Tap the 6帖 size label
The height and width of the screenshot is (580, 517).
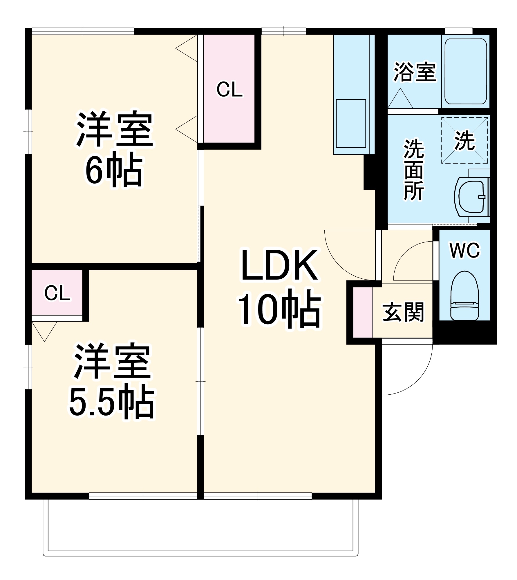[114, 172]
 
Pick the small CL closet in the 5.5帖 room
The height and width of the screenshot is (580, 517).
[57, 293]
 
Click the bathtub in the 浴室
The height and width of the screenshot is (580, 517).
[465, 71]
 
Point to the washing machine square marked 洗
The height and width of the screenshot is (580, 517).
[464, 140]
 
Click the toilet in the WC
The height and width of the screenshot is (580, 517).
[464, 296]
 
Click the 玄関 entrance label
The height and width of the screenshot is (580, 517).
[403, 312]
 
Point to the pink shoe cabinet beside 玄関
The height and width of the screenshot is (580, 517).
[363, 312]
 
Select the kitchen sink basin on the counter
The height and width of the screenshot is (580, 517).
[351, 123]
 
